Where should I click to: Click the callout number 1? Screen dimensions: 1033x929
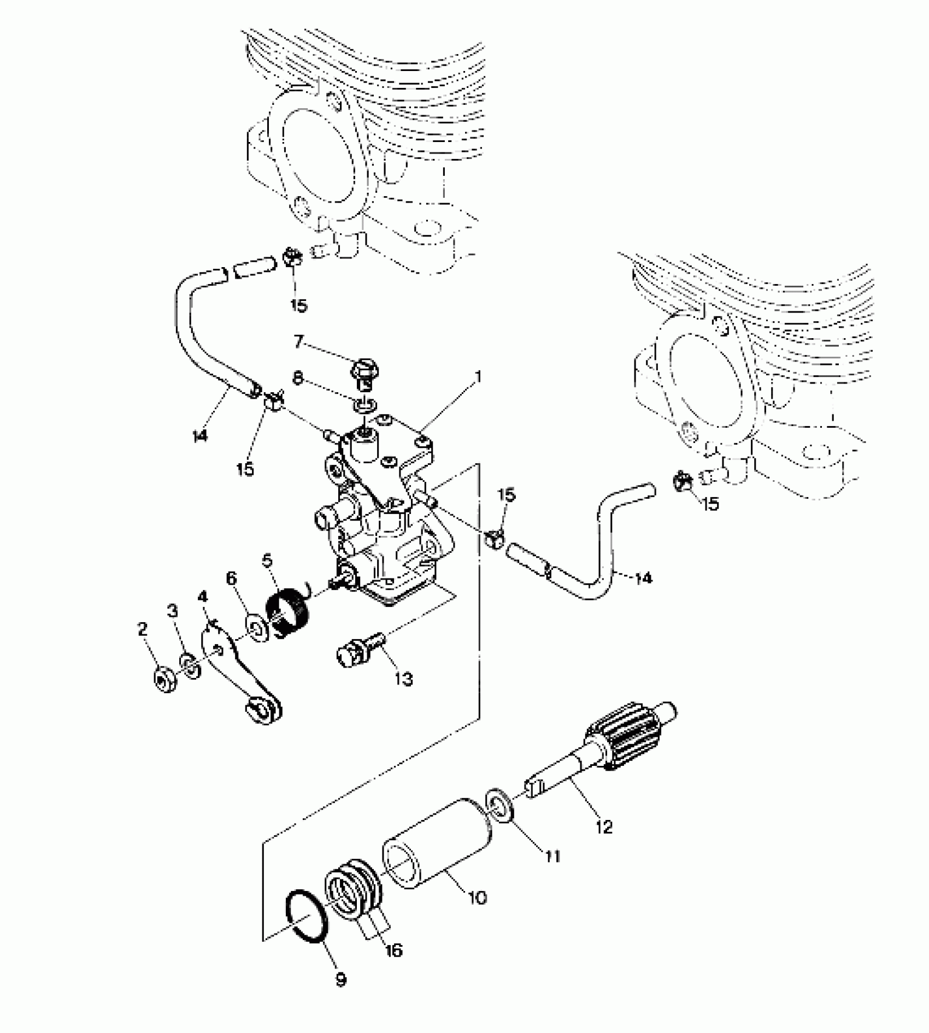click(479, 377)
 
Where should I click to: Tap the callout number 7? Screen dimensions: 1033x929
click(298, 343)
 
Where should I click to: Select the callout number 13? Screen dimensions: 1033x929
click(404, 679)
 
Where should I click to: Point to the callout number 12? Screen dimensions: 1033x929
click(604, 827)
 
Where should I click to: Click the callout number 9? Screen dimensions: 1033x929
click(340, 979)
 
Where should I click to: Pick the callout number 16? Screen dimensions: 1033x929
click(393, 950)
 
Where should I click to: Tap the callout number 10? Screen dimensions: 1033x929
click(477, 898)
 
